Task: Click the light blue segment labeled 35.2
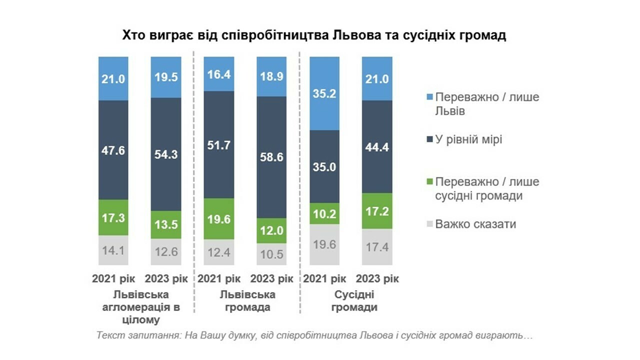click(325, 93)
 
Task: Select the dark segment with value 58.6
click(271, 157)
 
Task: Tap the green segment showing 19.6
click(219, 218)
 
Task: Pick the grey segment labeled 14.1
click(113, 250)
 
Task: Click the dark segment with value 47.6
click(113, 150)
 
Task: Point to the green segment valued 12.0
click(271, 230)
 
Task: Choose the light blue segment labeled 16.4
click(219, 74)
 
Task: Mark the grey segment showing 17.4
click(377, 247)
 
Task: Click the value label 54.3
click(166, 154)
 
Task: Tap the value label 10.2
click(325, 214)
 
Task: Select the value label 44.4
click(377, 147)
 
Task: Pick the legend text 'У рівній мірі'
click(468, 140)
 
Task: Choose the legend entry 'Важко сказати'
click(475, 224)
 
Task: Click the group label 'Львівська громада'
click(245, 300)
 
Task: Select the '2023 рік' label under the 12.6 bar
click(166, 278)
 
